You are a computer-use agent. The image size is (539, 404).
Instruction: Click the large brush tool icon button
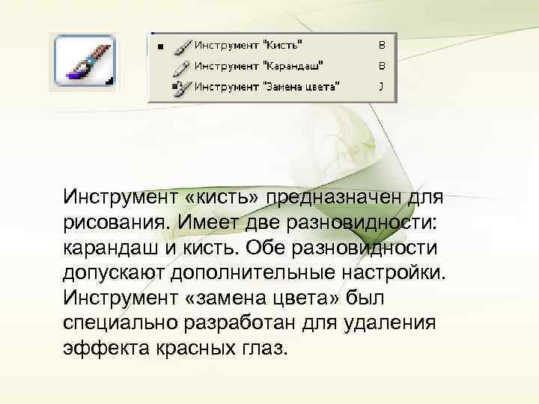[82, 63]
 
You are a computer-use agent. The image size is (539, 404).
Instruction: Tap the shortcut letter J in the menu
[381, 86]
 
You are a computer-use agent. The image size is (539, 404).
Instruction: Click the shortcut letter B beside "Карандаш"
[381, 66]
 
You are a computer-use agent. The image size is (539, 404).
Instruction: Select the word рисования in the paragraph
[116, 224]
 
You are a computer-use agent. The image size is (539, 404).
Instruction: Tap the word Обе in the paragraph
[269, 248]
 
